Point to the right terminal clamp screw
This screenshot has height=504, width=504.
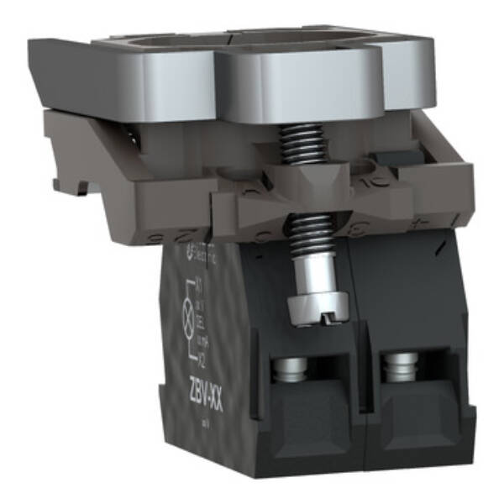[x=400, y=368]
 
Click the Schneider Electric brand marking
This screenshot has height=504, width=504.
[x=192, y=251]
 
